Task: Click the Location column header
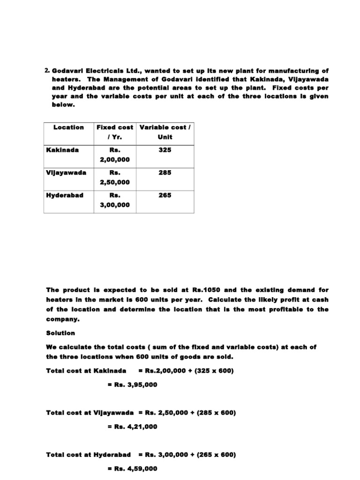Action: tap(68, 127)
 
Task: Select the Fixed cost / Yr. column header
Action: tap(114, 132)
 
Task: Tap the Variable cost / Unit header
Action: tap(165, 132)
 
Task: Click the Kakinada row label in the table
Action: tap(62, 150)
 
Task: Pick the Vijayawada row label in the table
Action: tap(66, 172)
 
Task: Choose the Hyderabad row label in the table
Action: tap(65, 195)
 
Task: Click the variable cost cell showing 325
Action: tap(165, 150)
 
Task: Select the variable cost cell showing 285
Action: tap(165, 172)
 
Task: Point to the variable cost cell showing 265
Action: tap(165, 195)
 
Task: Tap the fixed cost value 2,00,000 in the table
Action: tap(114, 159)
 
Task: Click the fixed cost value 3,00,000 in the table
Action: tap(114, 204)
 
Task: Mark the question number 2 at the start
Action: tap(47, 71)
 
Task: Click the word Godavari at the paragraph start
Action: tap(68, 71)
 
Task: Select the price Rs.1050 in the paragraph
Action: tap(202, 290)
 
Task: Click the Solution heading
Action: tap(60, 333)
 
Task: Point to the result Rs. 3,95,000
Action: tap(132, 385)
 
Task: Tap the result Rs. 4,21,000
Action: tap(132, 427)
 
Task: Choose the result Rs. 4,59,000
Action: tap(132, 469)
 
